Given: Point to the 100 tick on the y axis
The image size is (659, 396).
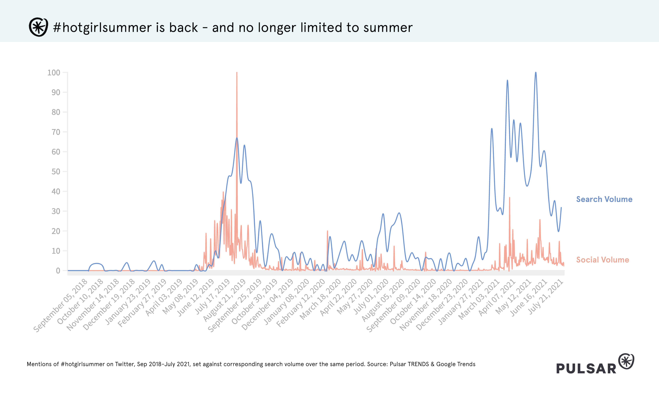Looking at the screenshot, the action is [x=54, y=73].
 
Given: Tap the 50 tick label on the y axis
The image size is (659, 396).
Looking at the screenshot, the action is [x=56, y=172].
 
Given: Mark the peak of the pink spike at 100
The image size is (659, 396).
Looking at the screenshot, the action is [x=237, y=72].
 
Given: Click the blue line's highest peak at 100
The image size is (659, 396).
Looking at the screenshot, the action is [x=536, y=72].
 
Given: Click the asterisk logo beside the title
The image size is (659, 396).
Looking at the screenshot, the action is [x=38, y=27].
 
